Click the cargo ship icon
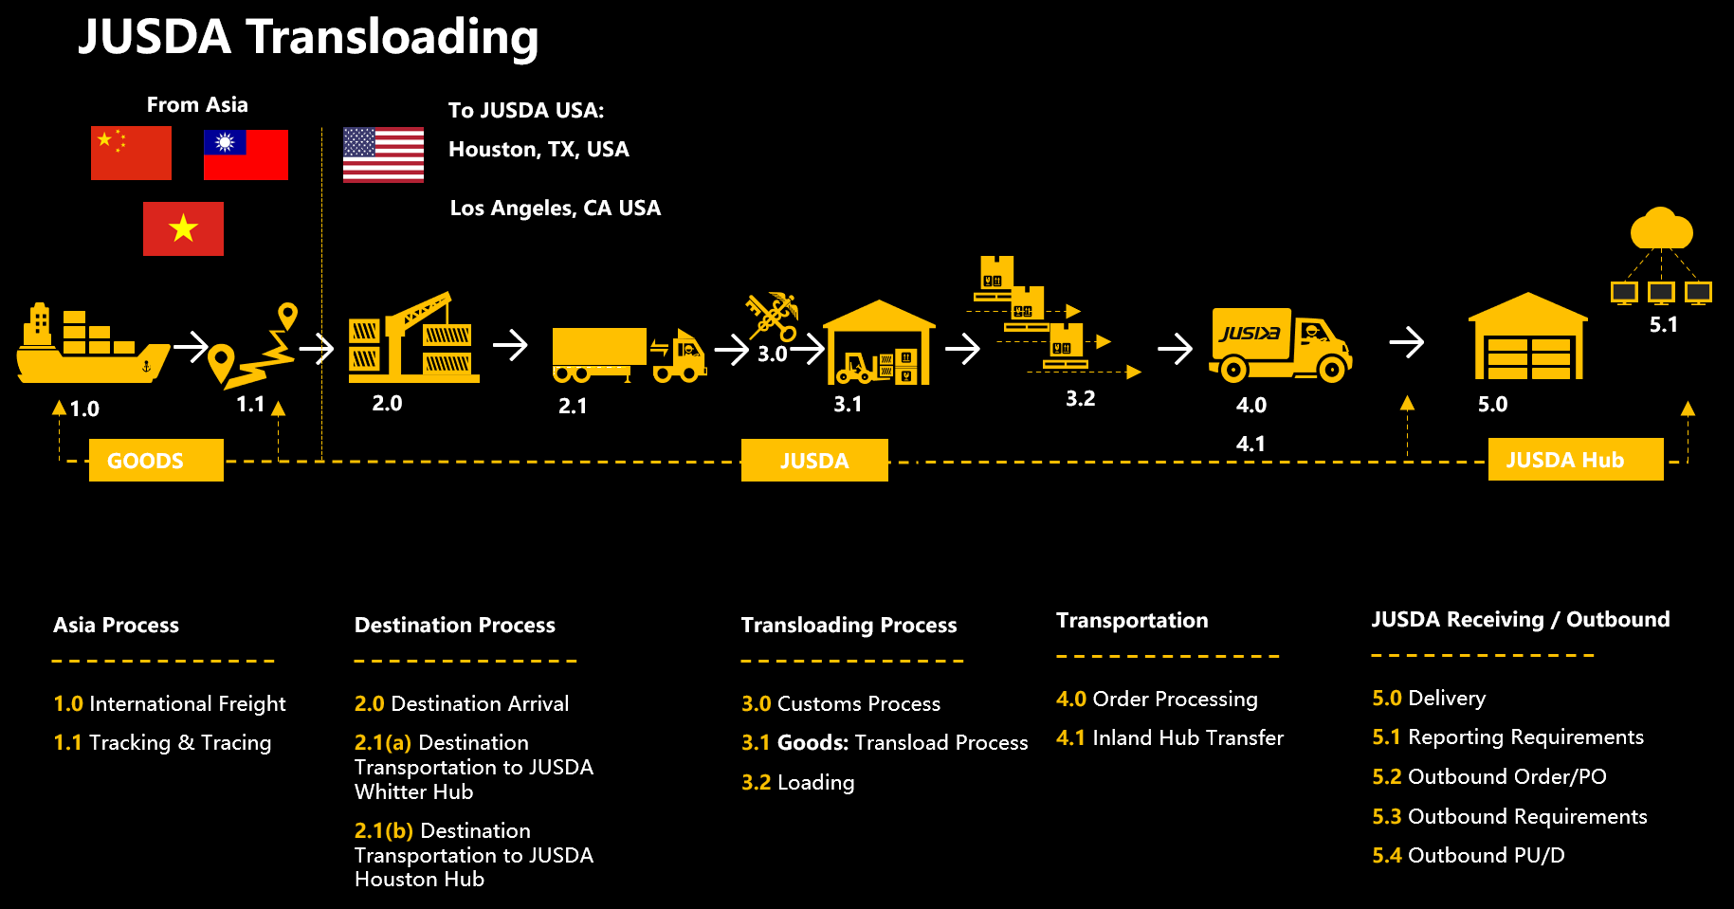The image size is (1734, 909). coord(92,345)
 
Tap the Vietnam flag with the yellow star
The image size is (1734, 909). coord(183,228)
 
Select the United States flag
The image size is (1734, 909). coord(383,155)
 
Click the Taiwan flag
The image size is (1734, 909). coord(246,155)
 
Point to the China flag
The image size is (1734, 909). coord(131,153)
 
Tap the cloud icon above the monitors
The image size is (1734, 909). coord(1661,229)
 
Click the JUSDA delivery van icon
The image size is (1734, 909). coord(1279,344)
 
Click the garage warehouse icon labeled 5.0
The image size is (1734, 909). coord(1527,337)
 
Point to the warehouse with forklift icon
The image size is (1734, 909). coord(879,344)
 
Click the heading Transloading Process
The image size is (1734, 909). coord(849,626)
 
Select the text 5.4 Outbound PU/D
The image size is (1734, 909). coord(1468,855)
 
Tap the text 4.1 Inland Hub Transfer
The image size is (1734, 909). coord(1169,737)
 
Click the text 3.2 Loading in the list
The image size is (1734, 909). coord(797,782)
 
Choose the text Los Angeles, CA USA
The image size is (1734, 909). coord(555,209)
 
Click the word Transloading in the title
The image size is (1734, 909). coord(392,38)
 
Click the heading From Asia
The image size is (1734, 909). coord(197,105)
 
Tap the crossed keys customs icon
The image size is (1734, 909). coord(773,316)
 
